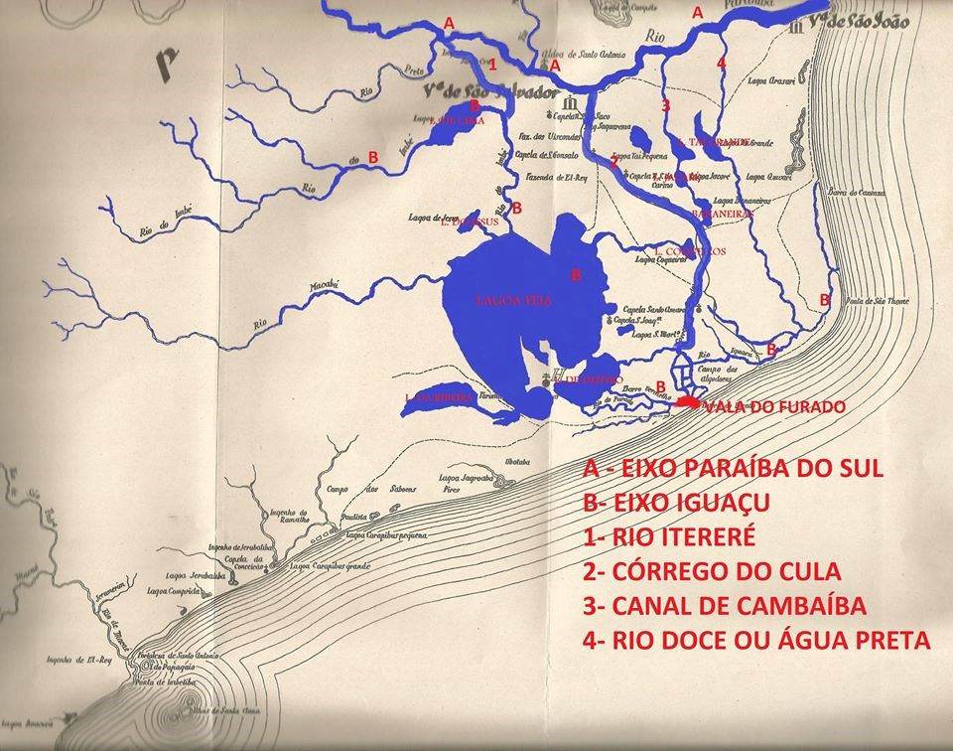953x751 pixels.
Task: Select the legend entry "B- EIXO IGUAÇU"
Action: tap(688, 503)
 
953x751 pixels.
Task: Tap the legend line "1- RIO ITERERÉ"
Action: tap(670, 537)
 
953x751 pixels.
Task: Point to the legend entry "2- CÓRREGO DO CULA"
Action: tap(711, 572)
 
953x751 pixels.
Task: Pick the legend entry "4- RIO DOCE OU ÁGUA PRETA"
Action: tap(757, 641)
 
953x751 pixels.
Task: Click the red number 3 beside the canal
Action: tap(665, 104)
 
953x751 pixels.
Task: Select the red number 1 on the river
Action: tap(492, 65)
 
